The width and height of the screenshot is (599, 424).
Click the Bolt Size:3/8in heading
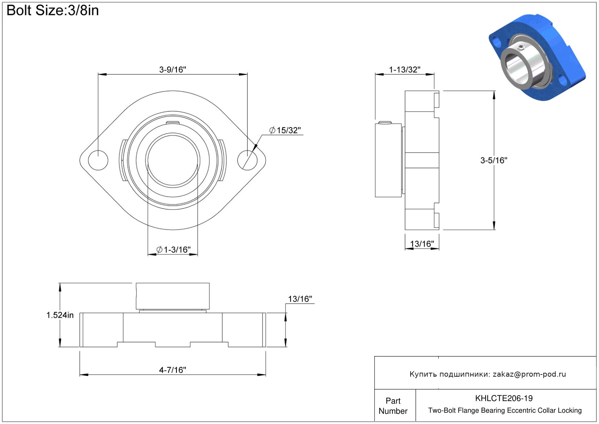[53, 11]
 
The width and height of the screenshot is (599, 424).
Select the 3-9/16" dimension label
[172, 70]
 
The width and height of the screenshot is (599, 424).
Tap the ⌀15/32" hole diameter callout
[285, 130]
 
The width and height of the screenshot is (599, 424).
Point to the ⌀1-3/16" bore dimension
[173, 250]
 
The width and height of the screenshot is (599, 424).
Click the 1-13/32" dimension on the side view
[404, 70]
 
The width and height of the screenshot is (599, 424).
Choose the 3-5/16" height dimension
[494, 160]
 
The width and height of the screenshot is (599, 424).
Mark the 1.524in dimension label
[60, 315]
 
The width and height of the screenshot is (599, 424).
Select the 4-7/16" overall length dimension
[172, 370]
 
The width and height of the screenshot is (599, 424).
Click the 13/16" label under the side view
[422, 244]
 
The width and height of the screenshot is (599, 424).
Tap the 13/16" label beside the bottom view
[300, 299]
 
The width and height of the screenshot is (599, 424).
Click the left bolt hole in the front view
[98, 160]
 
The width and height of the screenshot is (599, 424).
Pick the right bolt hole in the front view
[247, 160]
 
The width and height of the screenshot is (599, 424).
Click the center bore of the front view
[173, 160]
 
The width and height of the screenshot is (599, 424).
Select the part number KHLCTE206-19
[504, 398]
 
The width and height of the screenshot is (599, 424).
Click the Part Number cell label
[393, 406]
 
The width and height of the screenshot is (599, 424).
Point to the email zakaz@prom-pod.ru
[529, 374]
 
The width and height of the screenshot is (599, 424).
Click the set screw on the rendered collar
[521, 47]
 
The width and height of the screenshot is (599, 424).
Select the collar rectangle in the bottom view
[173, 296]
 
